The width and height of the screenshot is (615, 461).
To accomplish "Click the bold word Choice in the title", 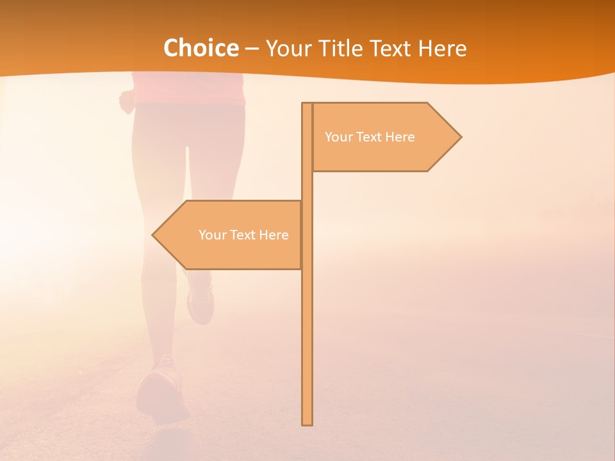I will point(201,48).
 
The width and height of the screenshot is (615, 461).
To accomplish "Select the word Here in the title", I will point(442,48).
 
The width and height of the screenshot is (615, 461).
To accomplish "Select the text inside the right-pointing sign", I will point(370,137).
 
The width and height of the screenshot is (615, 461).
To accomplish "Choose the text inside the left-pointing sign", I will point(243,235).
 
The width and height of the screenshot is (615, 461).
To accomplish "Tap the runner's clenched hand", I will point(127,101).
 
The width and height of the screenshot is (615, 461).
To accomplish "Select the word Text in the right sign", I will point(370,137).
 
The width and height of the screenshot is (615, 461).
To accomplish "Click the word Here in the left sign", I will point(274,235).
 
